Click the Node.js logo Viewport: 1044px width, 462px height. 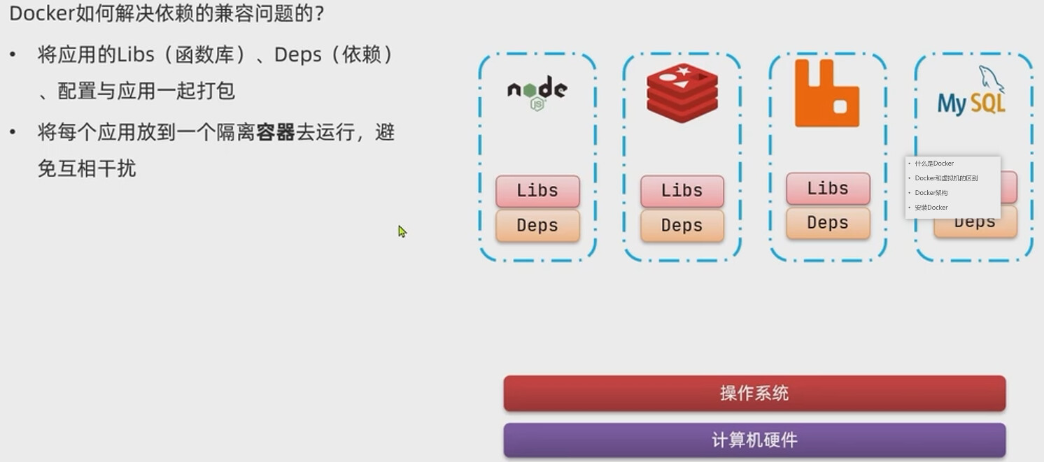tap(537, 92)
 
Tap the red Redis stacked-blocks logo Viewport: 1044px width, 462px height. tap(682, 92)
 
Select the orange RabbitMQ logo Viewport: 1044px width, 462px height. tap(826, 94)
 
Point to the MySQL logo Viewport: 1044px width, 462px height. tap(973, 94)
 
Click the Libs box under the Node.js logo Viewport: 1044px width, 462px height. tap(537, 191)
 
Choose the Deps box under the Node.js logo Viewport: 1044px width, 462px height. tap(537, 226)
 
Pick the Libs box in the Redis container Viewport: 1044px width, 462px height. tap(682, 191)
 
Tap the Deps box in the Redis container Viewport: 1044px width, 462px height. tap(682, 226)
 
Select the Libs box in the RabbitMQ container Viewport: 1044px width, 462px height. tap(828, 189)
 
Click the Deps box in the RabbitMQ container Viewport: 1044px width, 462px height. tap(828, 223)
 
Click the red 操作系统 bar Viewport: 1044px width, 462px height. tap(754, 394)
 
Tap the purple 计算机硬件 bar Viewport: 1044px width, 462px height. tap(754, 440)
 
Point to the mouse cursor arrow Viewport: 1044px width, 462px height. tap(402, 231)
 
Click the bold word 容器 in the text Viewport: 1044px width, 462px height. tap(275, 132)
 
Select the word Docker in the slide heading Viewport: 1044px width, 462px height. tap(38, 13)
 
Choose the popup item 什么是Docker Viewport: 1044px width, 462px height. tap(934, 164)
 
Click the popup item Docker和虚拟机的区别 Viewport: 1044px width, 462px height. tap(946, 178)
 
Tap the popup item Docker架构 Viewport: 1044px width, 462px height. tap(931, 193)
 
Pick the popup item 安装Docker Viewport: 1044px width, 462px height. tap(931, 208)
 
